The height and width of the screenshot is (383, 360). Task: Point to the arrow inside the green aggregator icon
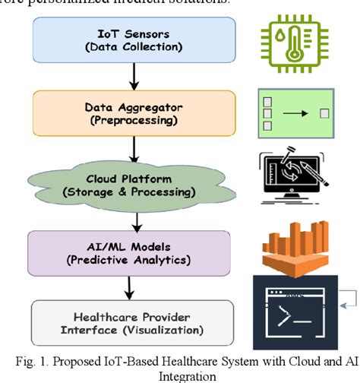(x=297, y=113)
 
